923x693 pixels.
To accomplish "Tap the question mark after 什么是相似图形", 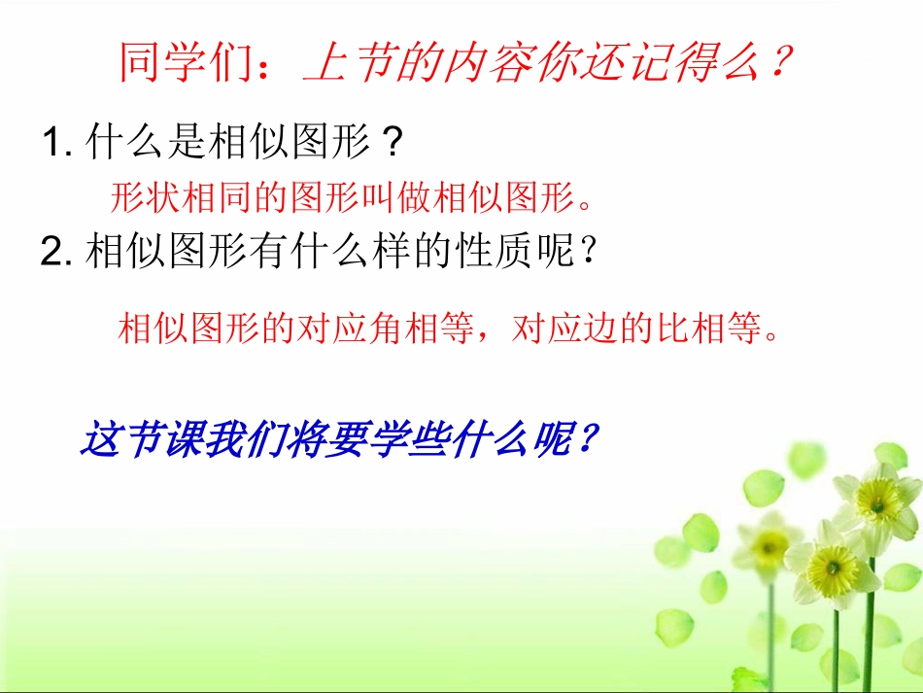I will (x=391, y=145).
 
